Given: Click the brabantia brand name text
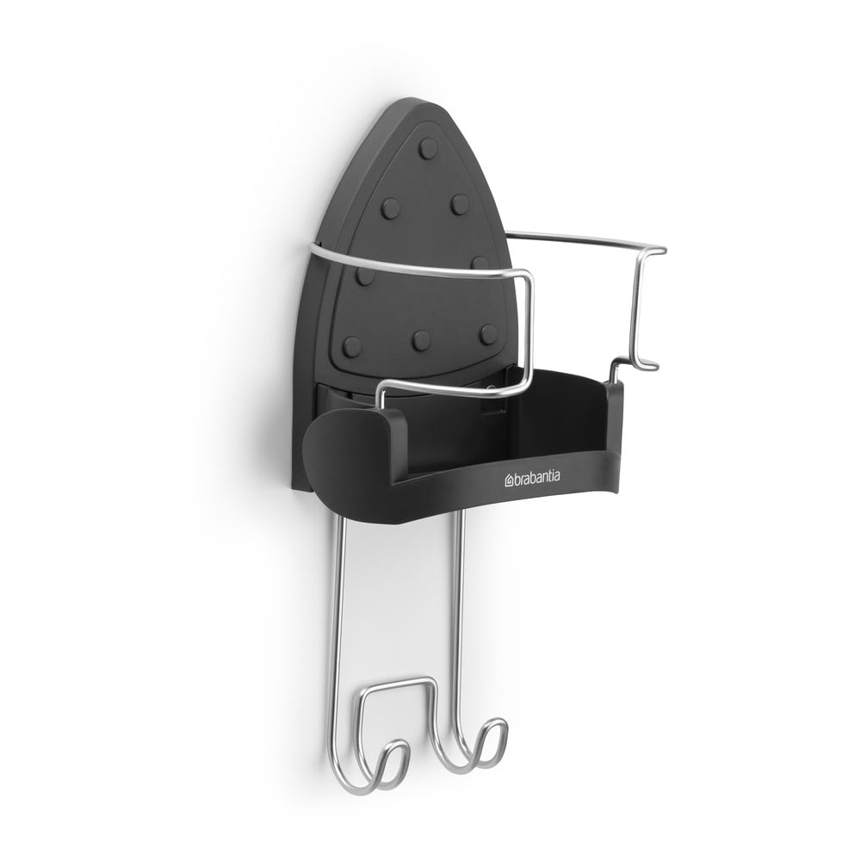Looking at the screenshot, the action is tap(537, 478).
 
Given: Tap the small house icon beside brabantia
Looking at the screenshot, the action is tap(509, 481).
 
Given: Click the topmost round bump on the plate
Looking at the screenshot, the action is tap(428, 148).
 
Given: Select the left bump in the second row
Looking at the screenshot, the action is tap(391, 208).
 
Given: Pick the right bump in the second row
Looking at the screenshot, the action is tap(460, 204).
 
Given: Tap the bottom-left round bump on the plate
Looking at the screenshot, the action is tap(352, 346).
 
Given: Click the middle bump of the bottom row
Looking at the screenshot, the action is tap(421, 340).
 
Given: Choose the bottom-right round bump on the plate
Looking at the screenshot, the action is tap(487, 334).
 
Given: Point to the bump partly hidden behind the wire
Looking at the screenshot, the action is tap(480, 263).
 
